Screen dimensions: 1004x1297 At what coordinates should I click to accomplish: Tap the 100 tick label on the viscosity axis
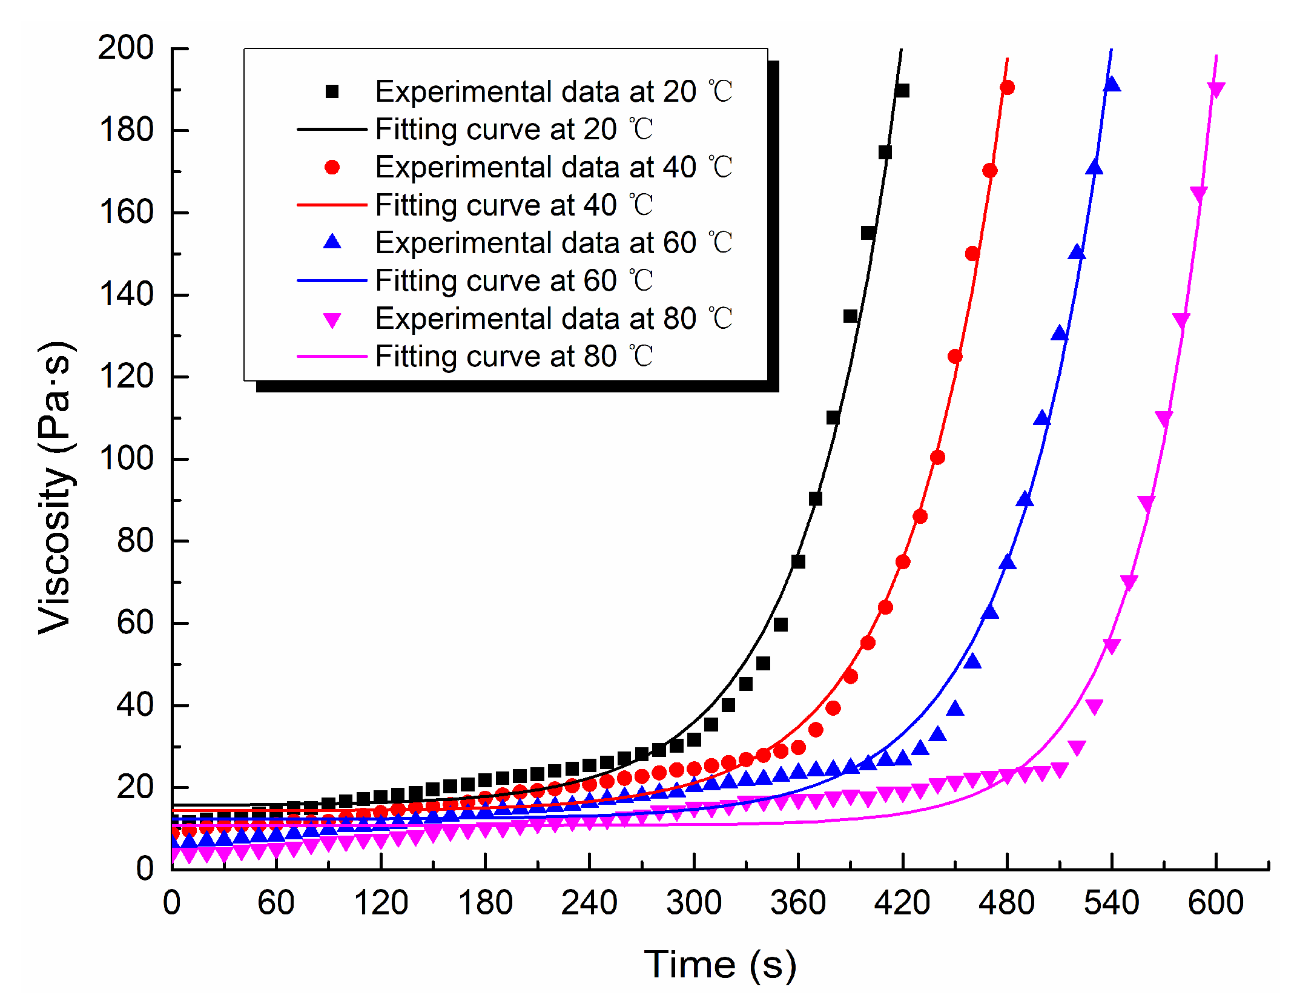tap(126, 458)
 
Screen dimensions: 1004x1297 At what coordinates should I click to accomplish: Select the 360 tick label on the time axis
tap(797, 903)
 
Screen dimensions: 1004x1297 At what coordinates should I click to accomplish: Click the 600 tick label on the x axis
tap(1215, 903)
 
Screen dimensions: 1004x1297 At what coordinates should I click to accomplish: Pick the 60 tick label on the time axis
tap(276, 903)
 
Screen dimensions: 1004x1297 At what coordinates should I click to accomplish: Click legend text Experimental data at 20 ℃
tap(553, 91)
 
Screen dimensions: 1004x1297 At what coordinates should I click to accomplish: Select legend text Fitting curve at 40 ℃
tap(513, 205)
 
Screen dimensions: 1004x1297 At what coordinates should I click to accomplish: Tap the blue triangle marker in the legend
tap(332, 242)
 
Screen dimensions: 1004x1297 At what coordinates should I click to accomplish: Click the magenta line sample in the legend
tap(332, 356)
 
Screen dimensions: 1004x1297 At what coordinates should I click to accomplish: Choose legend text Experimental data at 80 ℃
tap(553, 319)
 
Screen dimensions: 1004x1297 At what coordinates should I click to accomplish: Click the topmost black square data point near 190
tap(902, 91)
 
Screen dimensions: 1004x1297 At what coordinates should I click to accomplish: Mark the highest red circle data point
tap(1007, 88)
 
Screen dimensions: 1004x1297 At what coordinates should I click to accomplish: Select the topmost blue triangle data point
tap(1112, 85)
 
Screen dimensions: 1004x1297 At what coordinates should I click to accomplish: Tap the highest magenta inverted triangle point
tap(1216, 90)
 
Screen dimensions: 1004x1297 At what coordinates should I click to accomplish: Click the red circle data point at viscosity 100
tap(937, 457)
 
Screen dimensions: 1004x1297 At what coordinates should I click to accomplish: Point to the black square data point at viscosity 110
tap(833, 418)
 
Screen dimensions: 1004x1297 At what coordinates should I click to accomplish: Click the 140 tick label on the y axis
tap(126, 294)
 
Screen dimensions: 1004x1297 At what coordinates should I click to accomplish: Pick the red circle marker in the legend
tap(332, 167)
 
